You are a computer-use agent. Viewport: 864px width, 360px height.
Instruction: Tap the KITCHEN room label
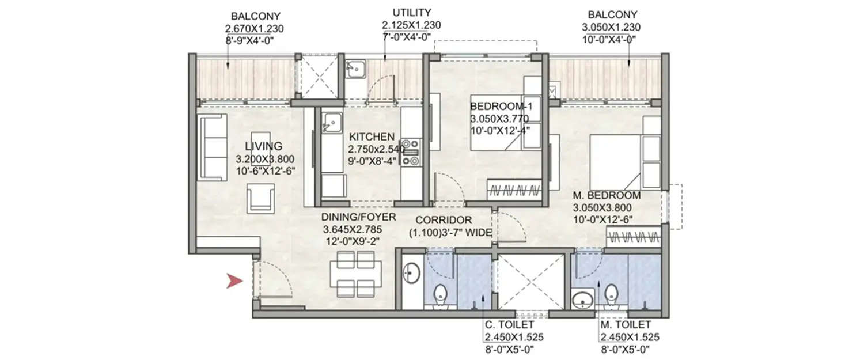pyautogui.click(x=372, y=137)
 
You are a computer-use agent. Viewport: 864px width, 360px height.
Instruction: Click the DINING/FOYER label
pyautogui.click(x=359, y=217)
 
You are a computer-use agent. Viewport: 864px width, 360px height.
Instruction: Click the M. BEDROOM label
pyautogui.click(x=606, y=195)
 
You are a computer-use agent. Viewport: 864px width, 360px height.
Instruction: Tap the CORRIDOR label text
pyautogui.click(x=444, y=220)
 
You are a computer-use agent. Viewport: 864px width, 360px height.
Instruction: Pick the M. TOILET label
pyautogui.click(x=625, y=325)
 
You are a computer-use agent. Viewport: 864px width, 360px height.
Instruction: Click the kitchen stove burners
pyautogui.click(x=410, y=152)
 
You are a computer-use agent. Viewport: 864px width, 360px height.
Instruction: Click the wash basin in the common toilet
pyautogui.click(x=411, y=272)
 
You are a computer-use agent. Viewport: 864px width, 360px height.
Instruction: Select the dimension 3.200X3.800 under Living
pyautogui.click(x=261, y=158)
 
